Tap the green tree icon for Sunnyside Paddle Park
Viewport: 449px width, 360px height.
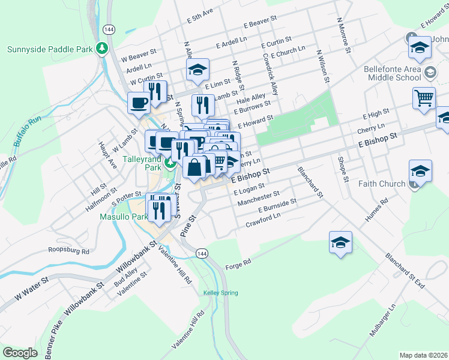pyautogui.click(x=103, y=48)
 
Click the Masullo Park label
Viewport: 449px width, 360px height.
pyautogui.click(x=123, y=217)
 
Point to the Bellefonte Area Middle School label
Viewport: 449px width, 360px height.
pyautogui.click(x=393, y=73)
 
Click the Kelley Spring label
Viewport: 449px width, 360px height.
pyautogui.click(x=220, y=293)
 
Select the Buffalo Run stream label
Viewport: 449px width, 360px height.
pyautogui.click(x=25, y=129)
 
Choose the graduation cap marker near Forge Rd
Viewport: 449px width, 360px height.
pyautogui.click(x=340, y=242)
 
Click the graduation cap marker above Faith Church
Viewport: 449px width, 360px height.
pyautogui.click(x=420, y=171)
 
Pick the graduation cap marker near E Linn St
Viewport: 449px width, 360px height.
pyautogui.click(x=197, y=70)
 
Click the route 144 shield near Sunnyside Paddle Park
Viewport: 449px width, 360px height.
pyautogui.click(x=109, y=29)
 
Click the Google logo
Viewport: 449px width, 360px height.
pyautogui.click(x=20, y=353)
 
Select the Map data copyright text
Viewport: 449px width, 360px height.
pyautogui.click(x=423, y=355)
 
